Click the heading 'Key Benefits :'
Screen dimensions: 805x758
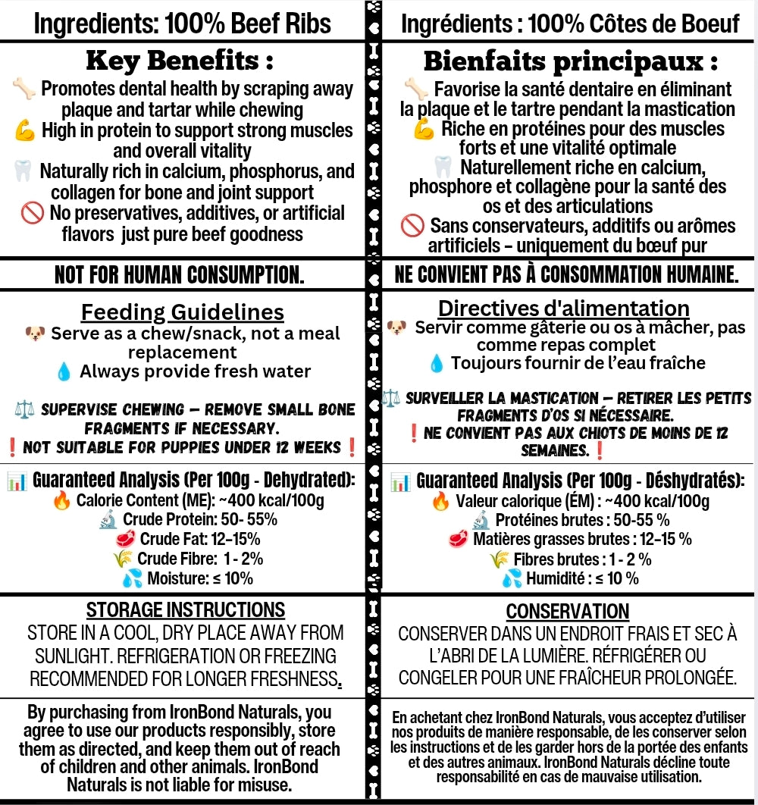tap(180, 60)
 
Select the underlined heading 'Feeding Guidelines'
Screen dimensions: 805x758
tap(183, 312)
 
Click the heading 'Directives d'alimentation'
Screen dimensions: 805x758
tap(564, 309)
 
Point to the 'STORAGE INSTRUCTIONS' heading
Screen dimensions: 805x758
tap(186, 610)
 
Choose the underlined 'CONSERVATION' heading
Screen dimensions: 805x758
tap(568, 612)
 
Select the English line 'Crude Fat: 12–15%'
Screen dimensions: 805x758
tap(199, 539)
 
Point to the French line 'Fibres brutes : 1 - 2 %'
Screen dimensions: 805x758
tap(582, 559)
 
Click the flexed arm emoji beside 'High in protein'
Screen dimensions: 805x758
tap(26, 131)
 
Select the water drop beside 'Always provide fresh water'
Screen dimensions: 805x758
tap(65, 372)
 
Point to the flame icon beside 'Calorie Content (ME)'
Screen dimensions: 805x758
tap(62, 500)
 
